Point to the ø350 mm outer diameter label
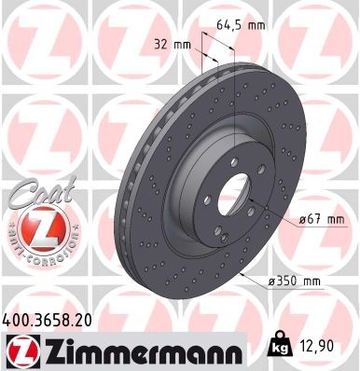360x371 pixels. (298, 280)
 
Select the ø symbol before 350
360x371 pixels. (275, 280)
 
